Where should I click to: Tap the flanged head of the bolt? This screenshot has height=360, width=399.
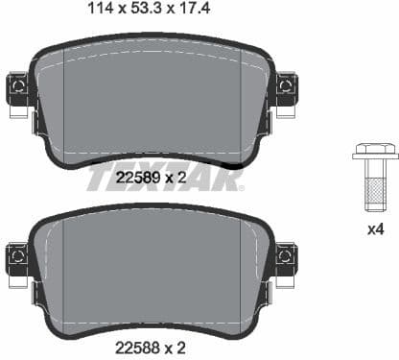pyautogui.click(x=375, y=151)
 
